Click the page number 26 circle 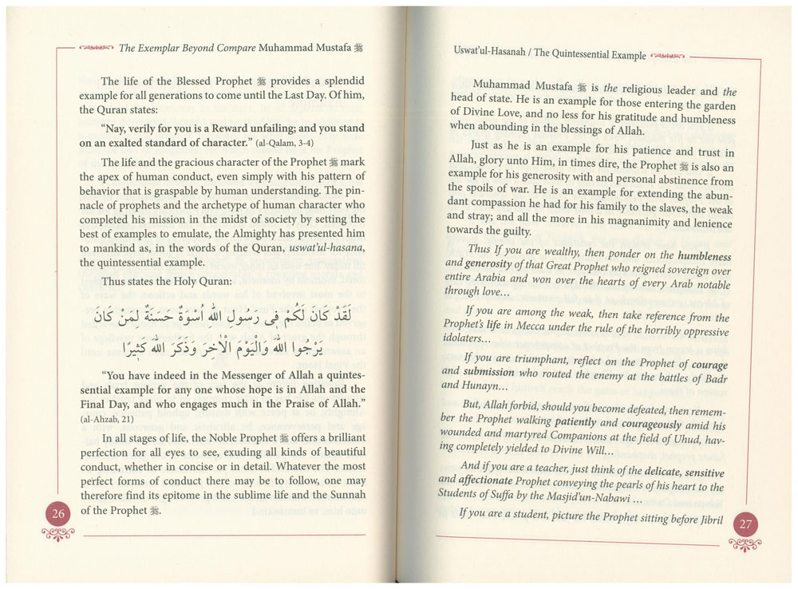click(58, 512)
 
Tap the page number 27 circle click(745, 524)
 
